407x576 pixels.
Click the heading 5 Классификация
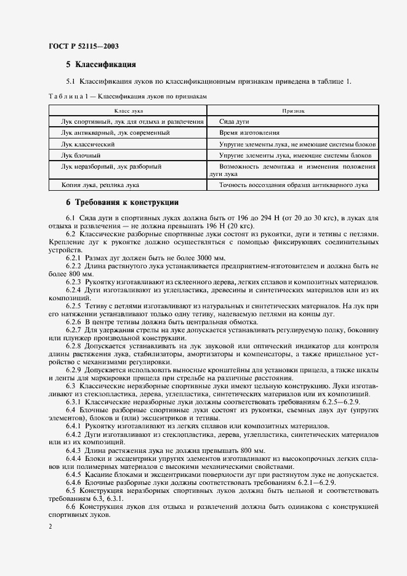[100, 64]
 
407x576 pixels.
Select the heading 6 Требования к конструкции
[122, 202]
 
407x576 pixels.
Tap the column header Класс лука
[128, 111]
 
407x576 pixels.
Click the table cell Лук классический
[88, 143]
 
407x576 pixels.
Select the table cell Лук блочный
[81, 154]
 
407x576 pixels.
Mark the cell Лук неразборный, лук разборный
[111, 166]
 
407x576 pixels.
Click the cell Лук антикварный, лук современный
[115, 132]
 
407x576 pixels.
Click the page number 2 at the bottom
[50, 527]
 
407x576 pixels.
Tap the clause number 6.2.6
[73, 322]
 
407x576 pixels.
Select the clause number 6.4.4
[73, 459]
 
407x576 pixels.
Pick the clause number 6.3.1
[73, 402]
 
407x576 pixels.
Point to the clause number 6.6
[71, 506]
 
